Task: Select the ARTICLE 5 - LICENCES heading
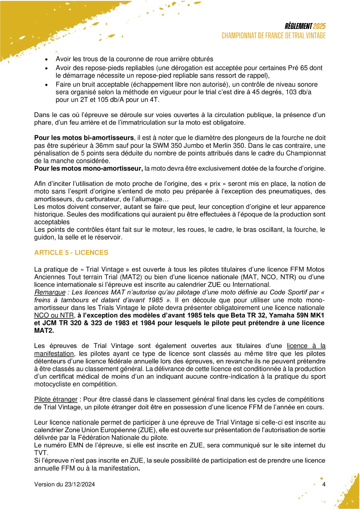71,253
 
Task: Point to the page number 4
324,485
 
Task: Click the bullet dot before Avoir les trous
47,60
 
